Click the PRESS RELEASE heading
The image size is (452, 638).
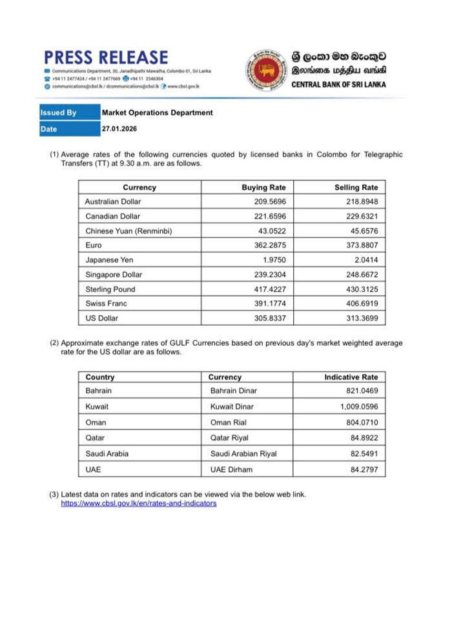tap(107, 57)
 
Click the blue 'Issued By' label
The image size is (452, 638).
tap(59, 113)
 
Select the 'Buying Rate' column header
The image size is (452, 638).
tap(263, 188)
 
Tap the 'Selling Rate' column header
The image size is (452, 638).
tap(356, 188)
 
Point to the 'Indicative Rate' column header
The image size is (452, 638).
tap(351, 377)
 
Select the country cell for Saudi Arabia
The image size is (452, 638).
tap(107, 454)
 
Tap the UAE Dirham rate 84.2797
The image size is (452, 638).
tap(364, 469)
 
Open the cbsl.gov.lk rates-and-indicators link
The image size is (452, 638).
tap(139, 503)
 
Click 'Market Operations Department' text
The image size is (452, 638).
tap(157, 113)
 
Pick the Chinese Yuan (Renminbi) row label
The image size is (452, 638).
tap(128, 231)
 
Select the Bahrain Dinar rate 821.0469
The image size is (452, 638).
tap(362, 392)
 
